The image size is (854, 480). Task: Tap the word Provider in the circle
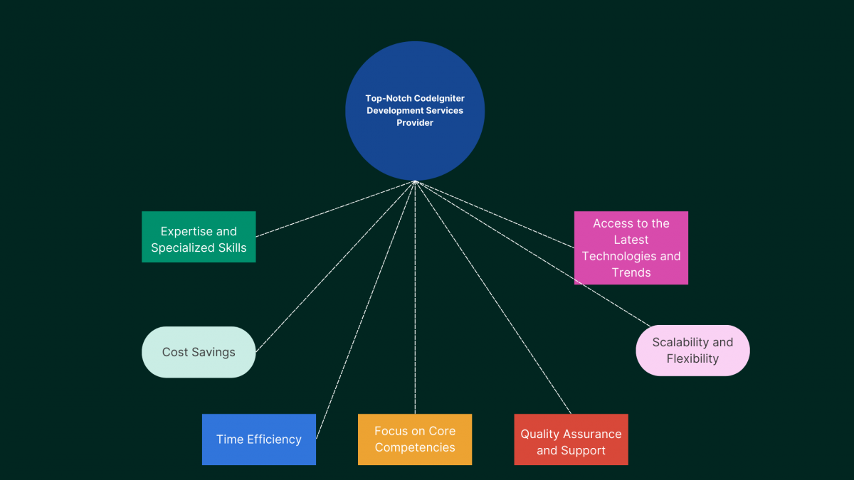[x=415, y=122]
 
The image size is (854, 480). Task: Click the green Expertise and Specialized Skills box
[x=199, y=237]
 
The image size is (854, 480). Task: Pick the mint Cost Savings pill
[x=199, y=352]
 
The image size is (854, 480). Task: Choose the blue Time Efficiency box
[x=258, y=439]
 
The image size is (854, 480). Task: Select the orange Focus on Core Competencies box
[x=415, y=439]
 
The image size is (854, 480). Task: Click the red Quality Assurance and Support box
[x=571, y=439]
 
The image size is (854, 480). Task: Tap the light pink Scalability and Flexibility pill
[x=692, y=351]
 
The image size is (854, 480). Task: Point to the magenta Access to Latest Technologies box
[x=631, y=247]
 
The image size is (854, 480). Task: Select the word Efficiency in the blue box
[x=275, y=439]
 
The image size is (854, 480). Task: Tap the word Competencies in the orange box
[x=415, y=447]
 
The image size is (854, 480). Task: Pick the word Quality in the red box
[x=540, y=434]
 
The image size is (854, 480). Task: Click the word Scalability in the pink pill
[x=675, y=343]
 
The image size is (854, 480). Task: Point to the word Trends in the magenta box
[x=631, y=272]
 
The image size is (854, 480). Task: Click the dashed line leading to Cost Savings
[x=334, y=267]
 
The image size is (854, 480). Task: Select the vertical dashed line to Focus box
[x=415, y=299]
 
